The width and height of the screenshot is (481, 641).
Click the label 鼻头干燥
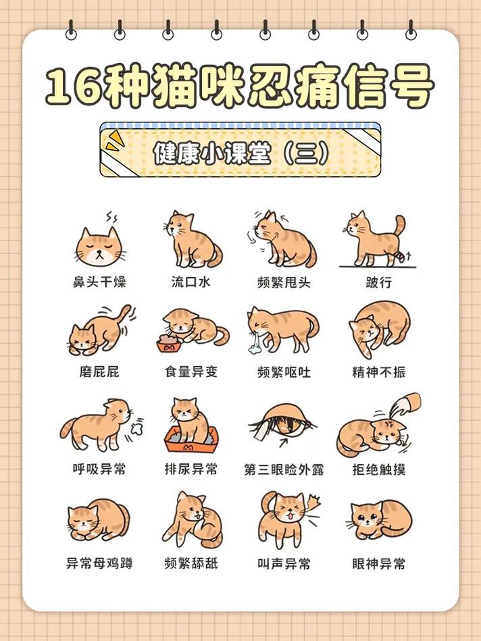coord(99,282)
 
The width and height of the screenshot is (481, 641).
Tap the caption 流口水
coord(191,282)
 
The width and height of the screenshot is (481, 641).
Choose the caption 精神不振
coord(379,372)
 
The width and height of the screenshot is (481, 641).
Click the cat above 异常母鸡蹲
coord(98,521)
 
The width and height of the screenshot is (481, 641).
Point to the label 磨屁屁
coord(99,372)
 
